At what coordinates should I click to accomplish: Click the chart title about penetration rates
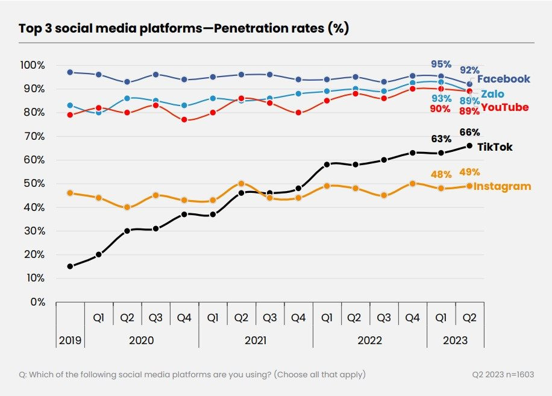[x=184, y=28]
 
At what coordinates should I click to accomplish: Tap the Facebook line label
[x=504, y=79]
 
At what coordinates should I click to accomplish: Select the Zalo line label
[x=492, y=94]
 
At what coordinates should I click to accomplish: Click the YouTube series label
[x=505, y=108]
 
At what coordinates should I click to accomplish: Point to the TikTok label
[x=495, y=147]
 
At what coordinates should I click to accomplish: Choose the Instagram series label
[x=503, y=186]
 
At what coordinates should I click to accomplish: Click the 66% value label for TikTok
[x=469, y=133]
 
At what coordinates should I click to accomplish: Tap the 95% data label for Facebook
[x=441, y=64]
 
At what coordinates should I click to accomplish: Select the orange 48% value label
[x=441, y=174]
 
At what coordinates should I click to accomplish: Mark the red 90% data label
[x=441, y=109]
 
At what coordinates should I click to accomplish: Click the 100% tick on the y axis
[x=32, y=65]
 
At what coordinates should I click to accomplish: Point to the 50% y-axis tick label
[x=34, y=183]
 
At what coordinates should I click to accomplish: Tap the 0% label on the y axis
[x=37, y=302]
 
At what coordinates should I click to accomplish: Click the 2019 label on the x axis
[x=70, y=340]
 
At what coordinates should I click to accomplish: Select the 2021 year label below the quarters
[x=256, y=340]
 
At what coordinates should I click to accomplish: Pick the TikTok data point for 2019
[x=70, y=266]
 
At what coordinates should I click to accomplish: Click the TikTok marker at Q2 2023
[x=469, y=145]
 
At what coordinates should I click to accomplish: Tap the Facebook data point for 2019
[x=70, y=72]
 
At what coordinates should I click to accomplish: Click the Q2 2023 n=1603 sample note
[x=503, y=374]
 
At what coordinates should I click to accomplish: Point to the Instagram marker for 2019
[x=70, y=193]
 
